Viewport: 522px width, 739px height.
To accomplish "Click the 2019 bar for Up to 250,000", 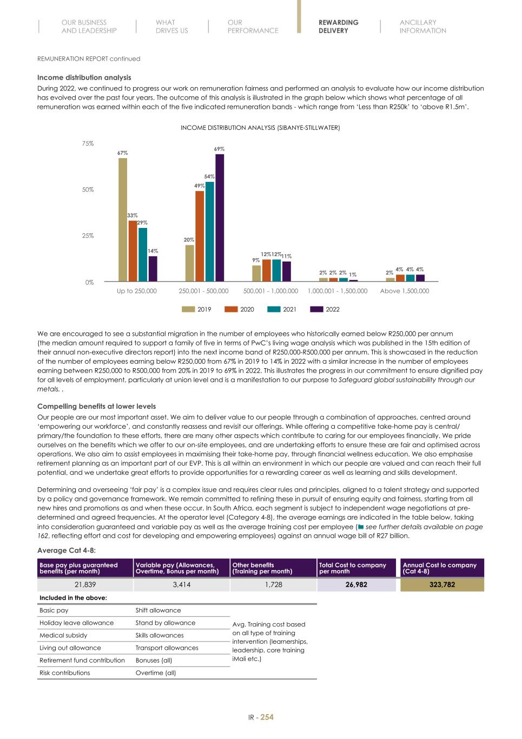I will [123, 220].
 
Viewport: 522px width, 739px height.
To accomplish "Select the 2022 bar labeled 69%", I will [220, 218].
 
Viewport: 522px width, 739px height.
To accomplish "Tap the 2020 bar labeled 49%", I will [200, 236].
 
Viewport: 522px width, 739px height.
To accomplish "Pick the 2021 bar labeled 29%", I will [143, 254].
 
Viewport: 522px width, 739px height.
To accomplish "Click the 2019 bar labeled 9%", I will [256, 273].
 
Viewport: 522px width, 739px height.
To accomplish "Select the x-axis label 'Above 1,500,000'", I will [405, 291].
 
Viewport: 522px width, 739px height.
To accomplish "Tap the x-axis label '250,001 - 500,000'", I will [203, 291].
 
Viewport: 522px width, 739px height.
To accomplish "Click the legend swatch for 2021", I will [274, 310].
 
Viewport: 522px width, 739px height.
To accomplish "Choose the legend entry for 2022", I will [325, 310].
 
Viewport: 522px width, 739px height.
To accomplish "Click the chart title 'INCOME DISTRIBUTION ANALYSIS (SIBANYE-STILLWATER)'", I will [260, 128].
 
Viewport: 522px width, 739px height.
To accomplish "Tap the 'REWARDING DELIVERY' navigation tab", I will [338, 27].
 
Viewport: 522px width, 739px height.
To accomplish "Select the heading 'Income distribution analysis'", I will [84, 78].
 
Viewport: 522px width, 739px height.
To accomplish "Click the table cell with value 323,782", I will [442, 585].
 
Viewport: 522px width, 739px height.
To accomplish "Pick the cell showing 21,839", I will [84, 585].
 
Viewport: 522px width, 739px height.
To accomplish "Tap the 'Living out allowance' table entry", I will [70, 648].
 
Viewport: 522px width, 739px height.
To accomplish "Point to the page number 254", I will [267, 717].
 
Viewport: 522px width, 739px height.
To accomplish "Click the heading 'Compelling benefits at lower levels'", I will [96, 407].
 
